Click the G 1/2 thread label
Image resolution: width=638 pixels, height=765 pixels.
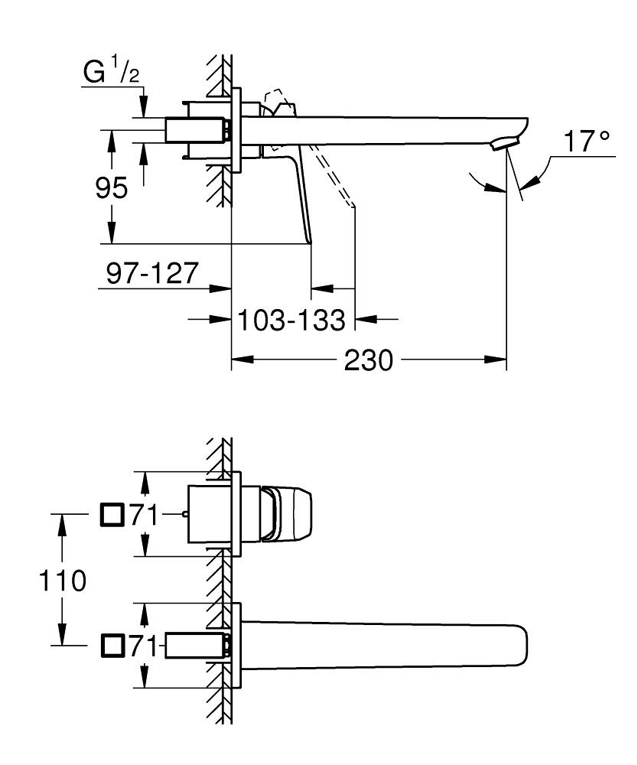pyautogui.click(x=109, y=73)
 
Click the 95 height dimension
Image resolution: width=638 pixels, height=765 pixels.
pyautogui.click(x=112, y=187)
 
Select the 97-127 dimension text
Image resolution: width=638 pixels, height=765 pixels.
pyautogui.click(x=152, y=272)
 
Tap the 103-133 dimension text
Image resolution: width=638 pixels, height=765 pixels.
pyautogui.click(x=291, y=319)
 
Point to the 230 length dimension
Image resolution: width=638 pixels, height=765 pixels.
pyautogui.click(x=368, y=359)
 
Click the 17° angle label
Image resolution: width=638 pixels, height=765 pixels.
pyautogui.click(x=587, y=142)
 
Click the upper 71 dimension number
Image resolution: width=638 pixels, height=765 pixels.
pyautogui.click(x=144, y=516)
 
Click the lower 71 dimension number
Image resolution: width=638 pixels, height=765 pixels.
pyautogui.click(x=144, y=646)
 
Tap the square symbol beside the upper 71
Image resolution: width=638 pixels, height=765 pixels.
pyautogui.click(x=112, y=515)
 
